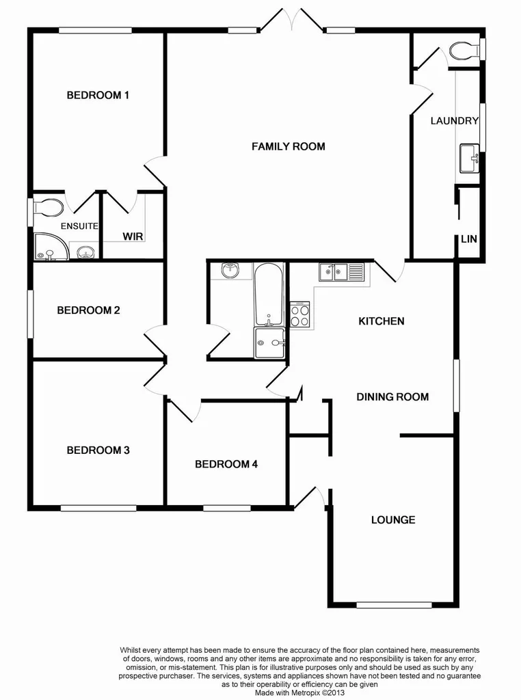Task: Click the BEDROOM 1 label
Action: click(x=98, y=95)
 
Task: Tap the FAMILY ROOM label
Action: click(x=288, y=146)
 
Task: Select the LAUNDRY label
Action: click(x=454, y=121)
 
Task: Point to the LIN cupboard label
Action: click(x=469, y=239)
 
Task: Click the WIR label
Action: click(x=132, y=237)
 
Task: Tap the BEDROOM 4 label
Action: click(x=226, y=464)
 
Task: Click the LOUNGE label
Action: click(x=393, y=520)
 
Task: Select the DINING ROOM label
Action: click(x=392, y=396)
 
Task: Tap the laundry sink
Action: click(x=470, y=159)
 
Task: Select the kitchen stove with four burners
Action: click(x=299, y=314)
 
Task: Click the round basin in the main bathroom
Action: click(x=231, y=271)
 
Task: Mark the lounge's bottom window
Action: click(x=394, y=604)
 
